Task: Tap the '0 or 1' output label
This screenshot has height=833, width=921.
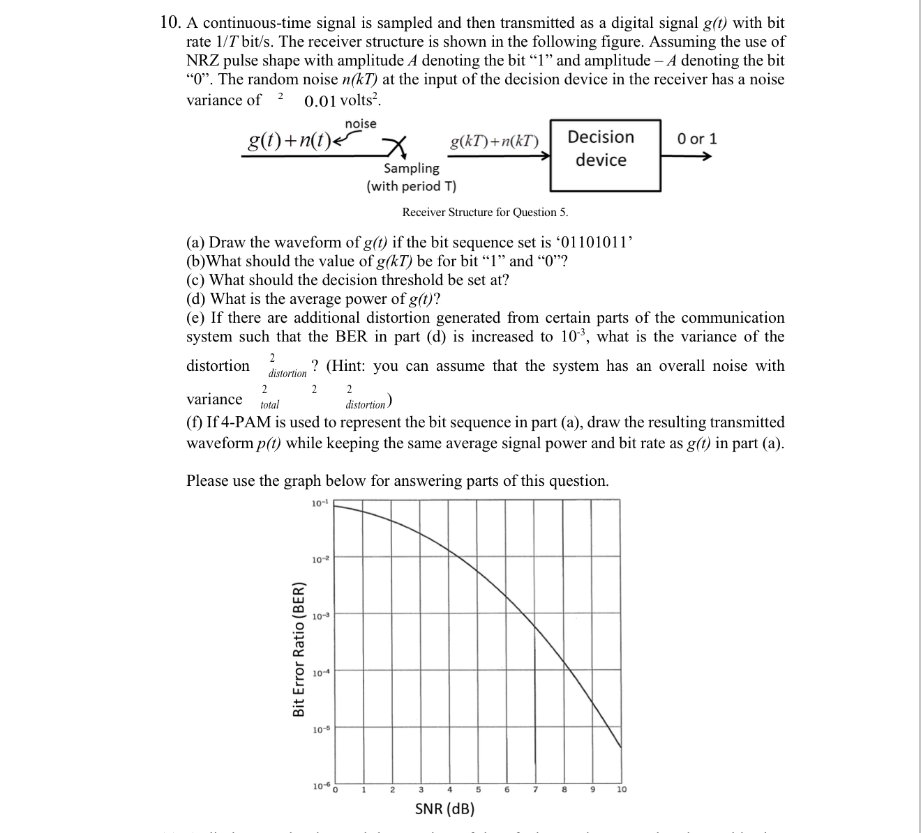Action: pyautogui.click(x=696, y=139)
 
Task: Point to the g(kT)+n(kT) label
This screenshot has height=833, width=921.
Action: pyautogui.click(x=495, y=142)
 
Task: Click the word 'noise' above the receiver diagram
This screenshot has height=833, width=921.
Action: pyautogui.click(x=360, y=123)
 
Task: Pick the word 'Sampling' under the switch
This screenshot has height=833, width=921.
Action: pyautogui.click(x=412, y=168)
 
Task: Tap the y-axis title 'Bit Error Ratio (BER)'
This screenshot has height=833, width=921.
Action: pyautogui.click(x=299, y=648)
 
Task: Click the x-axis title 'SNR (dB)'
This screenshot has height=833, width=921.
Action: pyautogui.click(x=444, y=809)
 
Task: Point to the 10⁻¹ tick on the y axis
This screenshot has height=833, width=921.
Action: pyautogui.click(x=319, y=503)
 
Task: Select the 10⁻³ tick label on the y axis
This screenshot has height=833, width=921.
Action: pyautogui.click(x=319, y=616)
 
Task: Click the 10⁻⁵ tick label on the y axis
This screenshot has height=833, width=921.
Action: pyautogui.click(x=319, y=730)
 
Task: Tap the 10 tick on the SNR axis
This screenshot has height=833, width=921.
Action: pyautogui.click(x=621, y=790)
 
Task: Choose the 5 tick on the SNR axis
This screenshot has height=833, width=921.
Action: pyautogui.click(x=478, y=790)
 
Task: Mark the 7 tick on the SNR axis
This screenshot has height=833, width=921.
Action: pyautogui.click(x=535, y=790)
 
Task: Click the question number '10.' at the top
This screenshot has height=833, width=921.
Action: pyautogui.click(x=171, y=23)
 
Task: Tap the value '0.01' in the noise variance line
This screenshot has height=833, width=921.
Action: pyautogui.click(x=320, y=101)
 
